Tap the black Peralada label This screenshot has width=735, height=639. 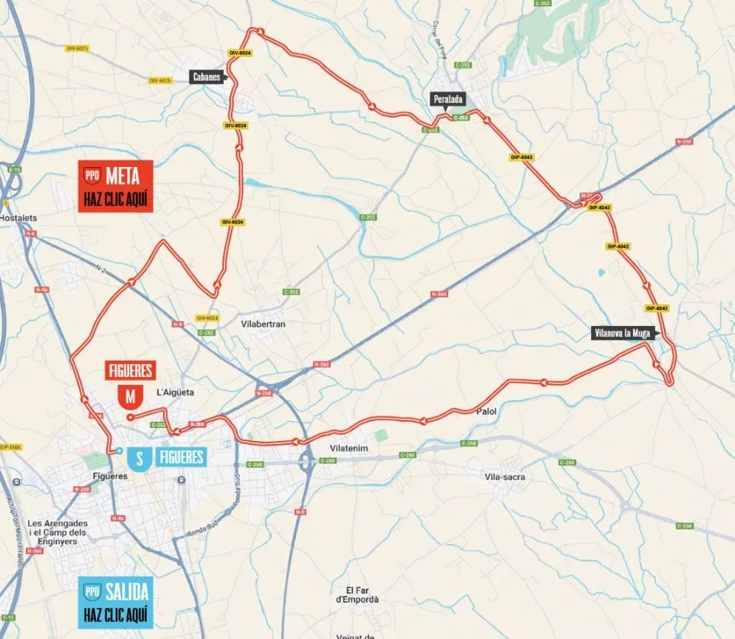(448, 99)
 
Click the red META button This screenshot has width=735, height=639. (115, 187)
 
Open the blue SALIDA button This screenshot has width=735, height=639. (115, 603)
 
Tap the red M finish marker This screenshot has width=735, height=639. (129, 395)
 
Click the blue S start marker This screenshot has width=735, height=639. (140, 458)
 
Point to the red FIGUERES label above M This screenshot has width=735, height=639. (130, 371)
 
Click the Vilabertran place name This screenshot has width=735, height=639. (263, 324)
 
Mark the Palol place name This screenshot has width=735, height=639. (486, 411)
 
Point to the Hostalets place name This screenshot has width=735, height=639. (20, 216)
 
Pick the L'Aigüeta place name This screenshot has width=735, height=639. (176, 391)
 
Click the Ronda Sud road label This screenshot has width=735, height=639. (202, 530)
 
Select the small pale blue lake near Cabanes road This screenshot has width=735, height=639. (253, 183)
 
